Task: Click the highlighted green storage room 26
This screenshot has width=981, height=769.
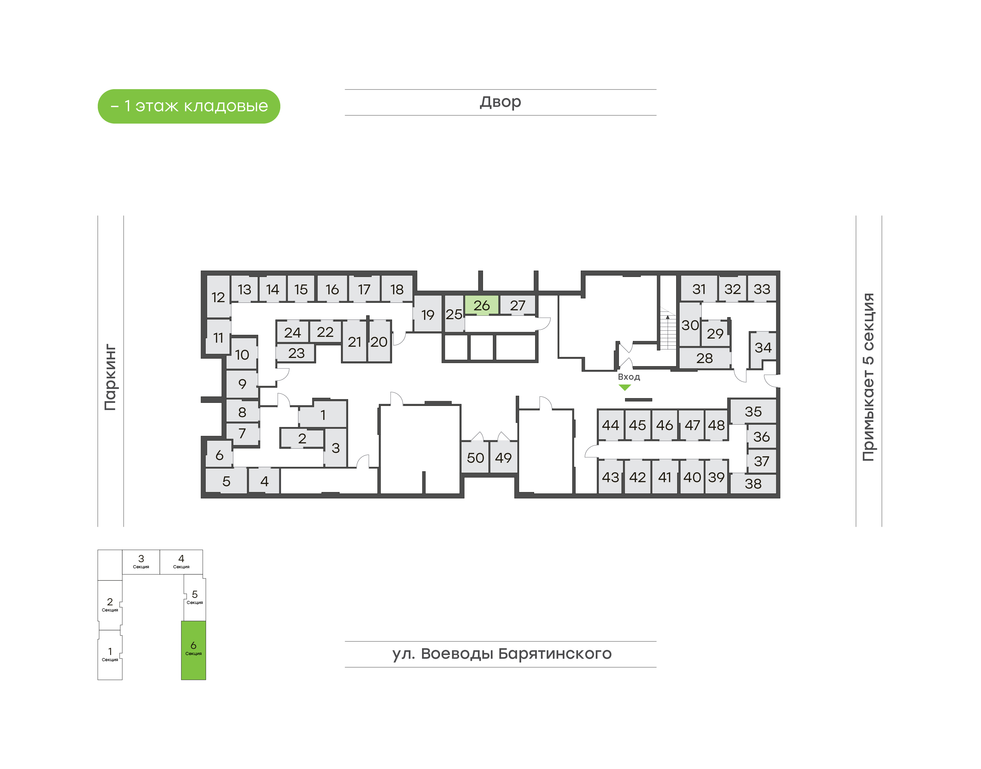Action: [481, 305]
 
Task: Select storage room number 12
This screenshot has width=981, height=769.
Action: [218, 297]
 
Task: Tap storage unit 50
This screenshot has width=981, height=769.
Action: [475, 458]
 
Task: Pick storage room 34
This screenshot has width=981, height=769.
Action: [763, 347]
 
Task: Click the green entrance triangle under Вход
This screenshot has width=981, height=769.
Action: [625, 387]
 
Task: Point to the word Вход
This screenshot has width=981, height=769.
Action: [628, 377]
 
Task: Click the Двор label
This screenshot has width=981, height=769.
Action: [500, 102]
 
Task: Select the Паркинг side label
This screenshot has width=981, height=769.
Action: [110, 377]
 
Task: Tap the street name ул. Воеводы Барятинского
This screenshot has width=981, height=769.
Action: [501, 654]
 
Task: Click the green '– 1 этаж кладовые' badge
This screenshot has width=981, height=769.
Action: [189, 106]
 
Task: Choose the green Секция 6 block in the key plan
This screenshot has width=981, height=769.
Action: [193, 650]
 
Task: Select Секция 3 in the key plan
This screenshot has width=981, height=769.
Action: [141, 561]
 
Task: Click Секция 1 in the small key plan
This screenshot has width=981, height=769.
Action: [110, 654]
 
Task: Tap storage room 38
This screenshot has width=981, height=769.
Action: [753, 484]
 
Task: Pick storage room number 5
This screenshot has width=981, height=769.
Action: [226, 481]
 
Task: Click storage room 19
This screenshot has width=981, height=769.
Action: [427, 315]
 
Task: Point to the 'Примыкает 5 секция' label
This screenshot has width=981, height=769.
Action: [868, 377]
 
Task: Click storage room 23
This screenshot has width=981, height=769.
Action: [296, 353]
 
